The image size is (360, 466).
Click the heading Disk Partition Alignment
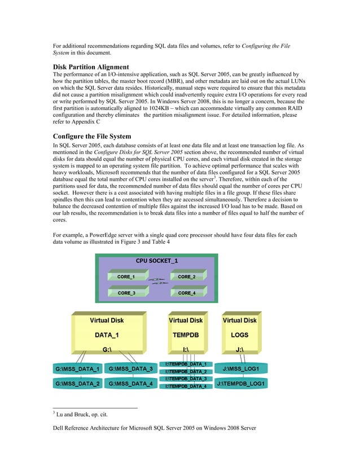[91, 67]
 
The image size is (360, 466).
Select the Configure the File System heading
[91, 136]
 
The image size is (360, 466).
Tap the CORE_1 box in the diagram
[125, 277]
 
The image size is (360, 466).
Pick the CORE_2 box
[186, 277]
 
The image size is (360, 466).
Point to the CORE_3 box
[125, 293]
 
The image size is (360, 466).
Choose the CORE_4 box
[186, 293]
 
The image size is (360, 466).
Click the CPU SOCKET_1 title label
[157, 261]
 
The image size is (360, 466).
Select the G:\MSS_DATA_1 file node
[77, 370]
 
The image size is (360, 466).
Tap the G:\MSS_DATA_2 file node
[77, 384]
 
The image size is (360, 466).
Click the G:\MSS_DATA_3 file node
[130, 370]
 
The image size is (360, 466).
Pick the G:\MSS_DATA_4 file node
[130, 384]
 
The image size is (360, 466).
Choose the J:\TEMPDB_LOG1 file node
[242, 384]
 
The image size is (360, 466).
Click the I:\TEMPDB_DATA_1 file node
[186, 364]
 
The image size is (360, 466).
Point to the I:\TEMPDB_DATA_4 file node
[186, 386]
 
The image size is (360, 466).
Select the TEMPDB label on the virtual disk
[186, 335]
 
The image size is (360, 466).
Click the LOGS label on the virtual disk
[239, 335]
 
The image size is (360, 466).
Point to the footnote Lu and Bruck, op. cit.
[76, 415]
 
